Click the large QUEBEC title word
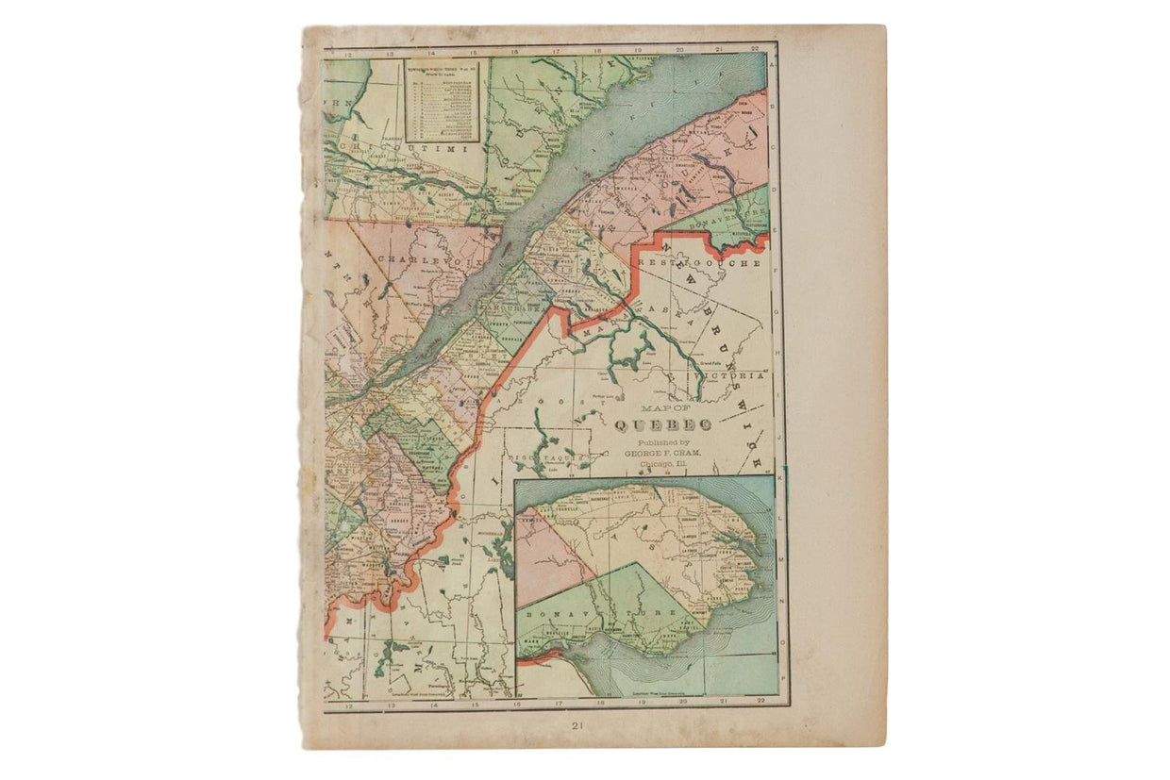663,426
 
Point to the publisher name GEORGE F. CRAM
663,454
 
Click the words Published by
663,441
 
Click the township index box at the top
443,101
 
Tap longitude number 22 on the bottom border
759,701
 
